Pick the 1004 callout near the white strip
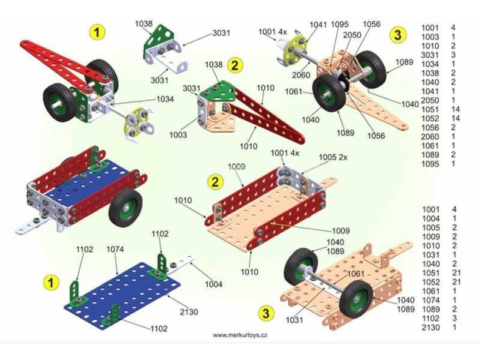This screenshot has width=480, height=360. point(213,284)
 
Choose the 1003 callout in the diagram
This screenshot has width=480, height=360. point(178,136)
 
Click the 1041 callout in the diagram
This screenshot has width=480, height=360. point(319,25)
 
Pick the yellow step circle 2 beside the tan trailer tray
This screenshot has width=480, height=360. point(214,180)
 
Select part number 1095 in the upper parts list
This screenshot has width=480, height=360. point(430,163)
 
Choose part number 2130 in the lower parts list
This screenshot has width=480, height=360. point(430,327)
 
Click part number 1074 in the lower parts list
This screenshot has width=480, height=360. point(430,300)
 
